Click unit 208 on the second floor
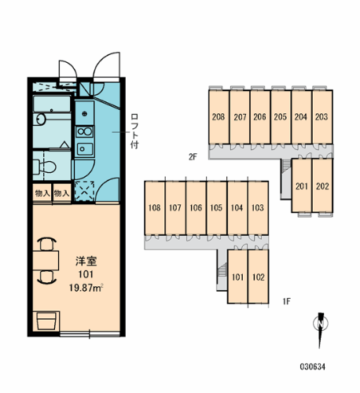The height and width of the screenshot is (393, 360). coord(219,118)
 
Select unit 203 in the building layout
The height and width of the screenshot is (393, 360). coord(321,118)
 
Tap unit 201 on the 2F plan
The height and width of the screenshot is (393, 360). coord(301,186)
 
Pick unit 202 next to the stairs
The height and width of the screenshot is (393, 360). coord(321,186)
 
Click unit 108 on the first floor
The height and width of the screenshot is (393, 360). coord(154,208)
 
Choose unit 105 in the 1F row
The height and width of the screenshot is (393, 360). coord(216,208)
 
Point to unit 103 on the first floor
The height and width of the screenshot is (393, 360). coord(257,208)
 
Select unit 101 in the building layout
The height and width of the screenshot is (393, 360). coord(237,276)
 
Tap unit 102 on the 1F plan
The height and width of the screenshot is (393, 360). coord(258,276)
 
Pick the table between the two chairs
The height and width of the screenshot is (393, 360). coord(47,259)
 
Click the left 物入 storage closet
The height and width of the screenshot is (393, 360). coord(42,193)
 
